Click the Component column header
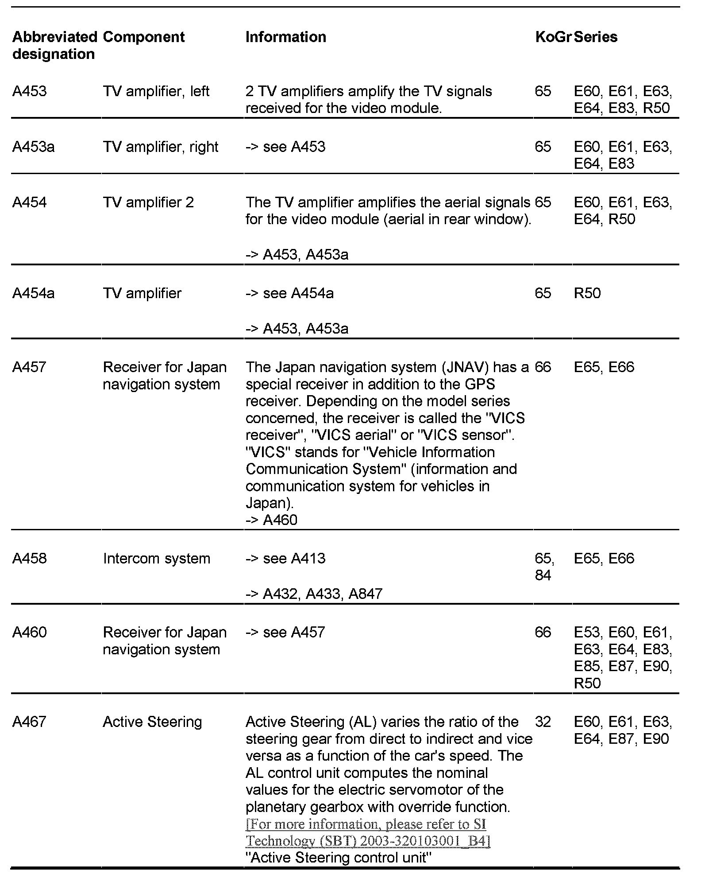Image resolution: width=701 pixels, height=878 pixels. pyautogui.click(x=143, y=37)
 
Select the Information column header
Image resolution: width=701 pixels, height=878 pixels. pyautogui.click(x=285, y=37)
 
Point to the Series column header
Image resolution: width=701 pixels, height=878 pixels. pyautogui.click(x=596, y=37)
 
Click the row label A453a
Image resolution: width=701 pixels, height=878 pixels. pyautogui.click(x=33, y=147)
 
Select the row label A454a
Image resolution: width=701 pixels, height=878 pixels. pyautogui.click(x=33, y=293)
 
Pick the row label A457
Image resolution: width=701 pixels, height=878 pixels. pyautogui.click(x=29, y=367)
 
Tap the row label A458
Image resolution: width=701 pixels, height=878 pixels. pyautogui.click(x=29, y=558)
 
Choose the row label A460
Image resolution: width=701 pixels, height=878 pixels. pyautogui.click(x=29, y=632)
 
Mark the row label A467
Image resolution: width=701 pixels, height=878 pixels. pyautogui.click(x=29, y=722)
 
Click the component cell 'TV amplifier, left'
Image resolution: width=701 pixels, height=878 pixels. pyautogui.click(x=156, y=91)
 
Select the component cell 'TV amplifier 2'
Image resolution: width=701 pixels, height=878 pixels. pyautogui.click(x=148, y=202)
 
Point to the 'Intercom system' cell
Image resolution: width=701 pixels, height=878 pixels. pyautogui.click(x=156, y=558)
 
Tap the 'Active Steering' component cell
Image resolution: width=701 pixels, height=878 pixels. pyautogui.click(x=152, y=722)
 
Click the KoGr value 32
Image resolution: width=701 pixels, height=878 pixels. pyautogui.click(x=543, y=722)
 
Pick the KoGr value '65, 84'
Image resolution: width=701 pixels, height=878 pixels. pyautogui.click(x=544, y=567)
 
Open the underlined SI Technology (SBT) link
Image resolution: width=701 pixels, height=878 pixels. pyautogui.click(x=367, y=832)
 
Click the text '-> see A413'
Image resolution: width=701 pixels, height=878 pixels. pyautogui.click(x=285, y=558)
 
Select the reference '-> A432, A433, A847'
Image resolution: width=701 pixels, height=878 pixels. pyautogui.click(x=314, y=594)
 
